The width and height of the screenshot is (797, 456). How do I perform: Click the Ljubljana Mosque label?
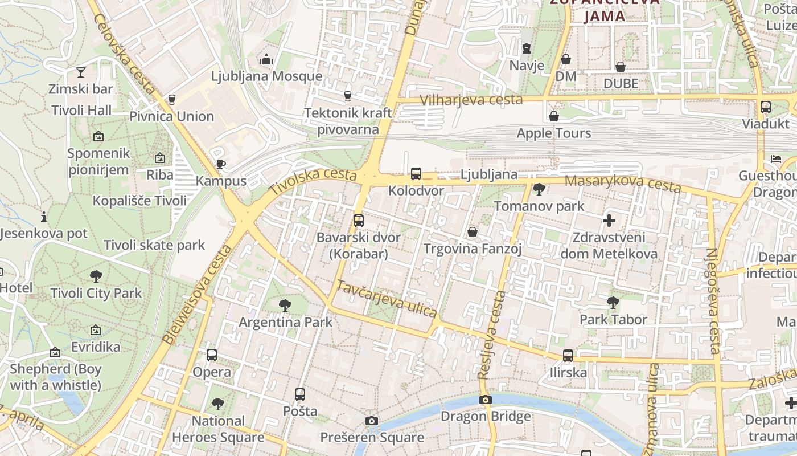click(266, 76)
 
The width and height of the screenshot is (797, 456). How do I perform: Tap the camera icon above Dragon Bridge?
click(485, 400)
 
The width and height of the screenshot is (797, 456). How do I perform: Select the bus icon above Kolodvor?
click(416, 173)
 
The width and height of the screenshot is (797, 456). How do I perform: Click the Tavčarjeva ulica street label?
click(387, 299)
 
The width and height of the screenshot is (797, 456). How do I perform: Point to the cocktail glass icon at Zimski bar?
click(80, 72)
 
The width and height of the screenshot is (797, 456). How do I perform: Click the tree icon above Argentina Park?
click(285, 306)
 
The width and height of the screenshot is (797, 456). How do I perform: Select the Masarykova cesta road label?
click(623, 183)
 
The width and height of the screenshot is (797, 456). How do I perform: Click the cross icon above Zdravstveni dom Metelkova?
click(609, 220)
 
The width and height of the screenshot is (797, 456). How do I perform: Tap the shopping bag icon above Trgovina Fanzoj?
click(473, 232)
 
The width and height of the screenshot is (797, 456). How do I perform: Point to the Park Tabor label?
click(613, 319)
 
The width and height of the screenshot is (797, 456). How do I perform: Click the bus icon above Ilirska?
click(568, 356)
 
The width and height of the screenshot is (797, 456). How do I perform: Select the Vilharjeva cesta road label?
click(471, 100)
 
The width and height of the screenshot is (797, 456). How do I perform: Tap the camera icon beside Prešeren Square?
click(372, 421)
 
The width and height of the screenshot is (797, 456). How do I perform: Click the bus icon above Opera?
click(212, 355)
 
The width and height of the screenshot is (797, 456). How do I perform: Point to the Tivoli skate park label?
click(154, 245)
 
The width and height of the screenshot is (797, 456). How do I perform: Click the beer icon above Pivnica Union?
click(172, 99)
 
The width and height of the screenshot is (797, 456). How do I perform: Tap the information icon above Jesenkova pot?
click(44, 217)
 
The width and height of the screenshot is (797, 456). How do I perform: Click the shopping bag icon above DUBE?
click(621, 67)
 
